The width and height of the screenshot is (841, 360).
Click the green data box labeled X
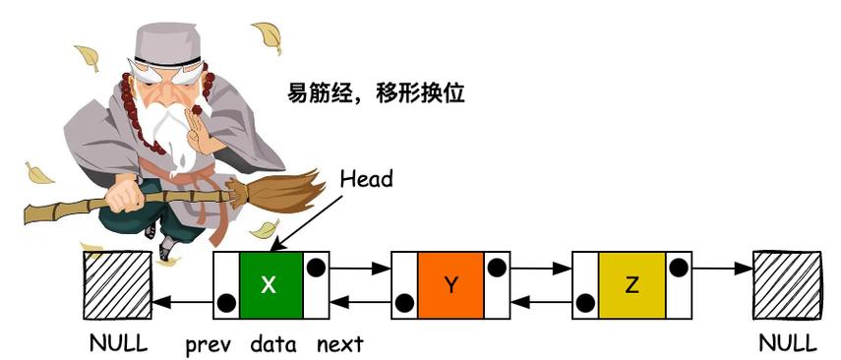pyautogui.click(x=270, y=284)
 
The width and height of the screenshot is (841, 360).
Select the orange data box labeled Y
pyautogui.click(x=451, y=284)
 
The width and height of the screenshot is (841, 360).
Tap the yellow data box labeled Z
pyautogui.click(x=631, y=284)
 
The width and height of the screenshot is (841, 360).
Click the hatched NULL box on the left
pyautogui.click(x=116, y=284)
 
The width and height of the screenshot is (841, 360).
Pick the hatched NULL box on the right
pyautogui.click(x=787, y=284)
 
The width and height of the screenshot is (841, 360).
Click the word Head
pyautogui.click(x=366, y=179)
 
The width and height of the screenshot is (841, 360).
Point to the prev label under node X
pyautogui.click(x=208, y=344)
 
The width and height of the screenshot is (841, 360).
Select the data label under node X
pyautogui.click(x=272, y=344)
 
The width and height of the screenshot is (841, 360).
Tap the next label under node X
pyautogui.click(x=339, y=344)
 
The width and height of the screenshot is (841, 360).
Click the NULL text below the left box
pyautogui.click(x=117, y=344)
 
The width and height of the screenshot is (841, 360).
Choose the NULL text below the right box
pyautogui.click(x=788, y=344)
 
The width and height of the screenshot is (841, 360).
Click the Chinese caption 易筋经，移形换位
pyautogui.click(x=374, y=94)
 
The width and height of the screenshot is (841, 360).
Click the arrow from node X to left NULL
pyautogui.click(x=182, y=302)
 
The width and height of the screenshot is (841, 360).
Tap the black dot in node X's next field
pyautogui.click(x=317, y=267)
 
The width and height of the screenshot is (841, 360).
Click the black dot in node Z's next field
pyautogui.click(x=678, y=267)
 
